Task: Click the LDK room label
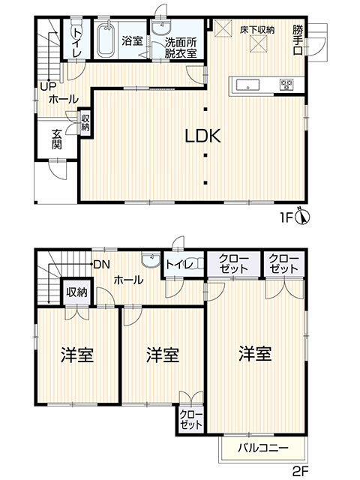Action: [x=203, y=136]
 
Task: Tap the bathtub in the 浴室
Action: [x=106, y=39]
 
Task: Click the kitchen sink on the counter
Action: [x=247, y=85]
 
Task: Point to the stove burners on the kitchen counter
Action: [x=286, y=84]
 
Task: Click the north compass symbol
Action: [x=302, y=217]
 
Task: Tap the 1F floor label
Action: [x=286, y=217]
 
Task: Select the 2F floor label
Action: [x=300, y=471]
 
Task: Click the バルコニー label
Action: [x=263, y=448]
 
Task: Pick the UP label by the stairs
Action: [x=48, y=87]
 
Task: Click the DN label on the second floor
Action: [x=102, y=265]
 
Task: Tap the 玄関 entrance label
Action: [x=57, y=139]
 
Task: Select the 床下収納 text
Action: [x=257, y=30]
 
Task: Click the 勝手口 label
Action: [x=298, y=40]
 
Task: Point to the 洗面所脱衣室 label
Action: [x=181, y=48]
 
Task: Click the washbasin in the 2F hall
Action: [x=151, y=260]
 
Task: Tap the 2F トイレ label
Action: [x=179, y=264]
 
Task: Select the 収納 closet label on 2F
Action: [x=77, y=292]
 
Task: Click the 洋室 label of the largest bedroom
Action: [x=255, y=354]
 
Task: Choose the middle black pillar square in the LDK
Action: [x=205, y=155]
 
